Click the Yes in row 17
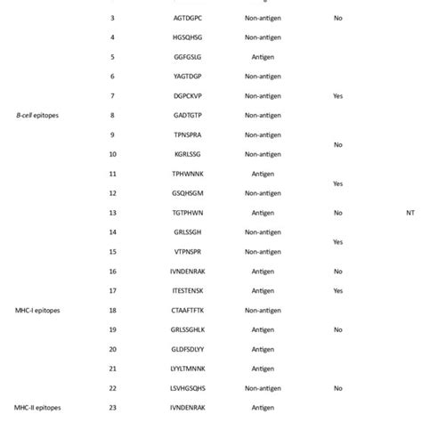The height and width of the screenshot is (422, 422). [337, 290]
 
